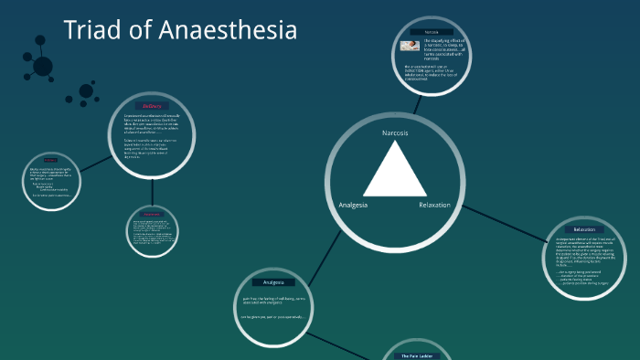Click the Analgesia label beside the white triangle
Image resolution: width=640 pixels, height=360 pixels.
tap(353, 205)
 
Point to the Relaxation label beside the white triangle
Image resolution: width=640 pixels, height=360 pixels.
tap(434, 205)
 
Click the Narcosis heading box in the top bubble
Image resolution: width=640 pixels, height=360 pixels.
tap(431, 32)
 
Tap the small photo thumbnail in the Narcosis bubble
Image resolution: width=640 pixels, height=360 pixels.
tap(408, 46)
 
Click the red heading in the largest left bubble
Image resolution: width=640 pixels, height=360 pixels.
tap(151, 107)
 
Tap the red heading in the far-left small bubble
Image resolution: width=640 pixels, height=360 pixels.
tap(50, 161)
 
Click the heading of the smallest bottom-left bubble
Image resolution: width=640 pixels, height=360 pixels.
tap(152, 215)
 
